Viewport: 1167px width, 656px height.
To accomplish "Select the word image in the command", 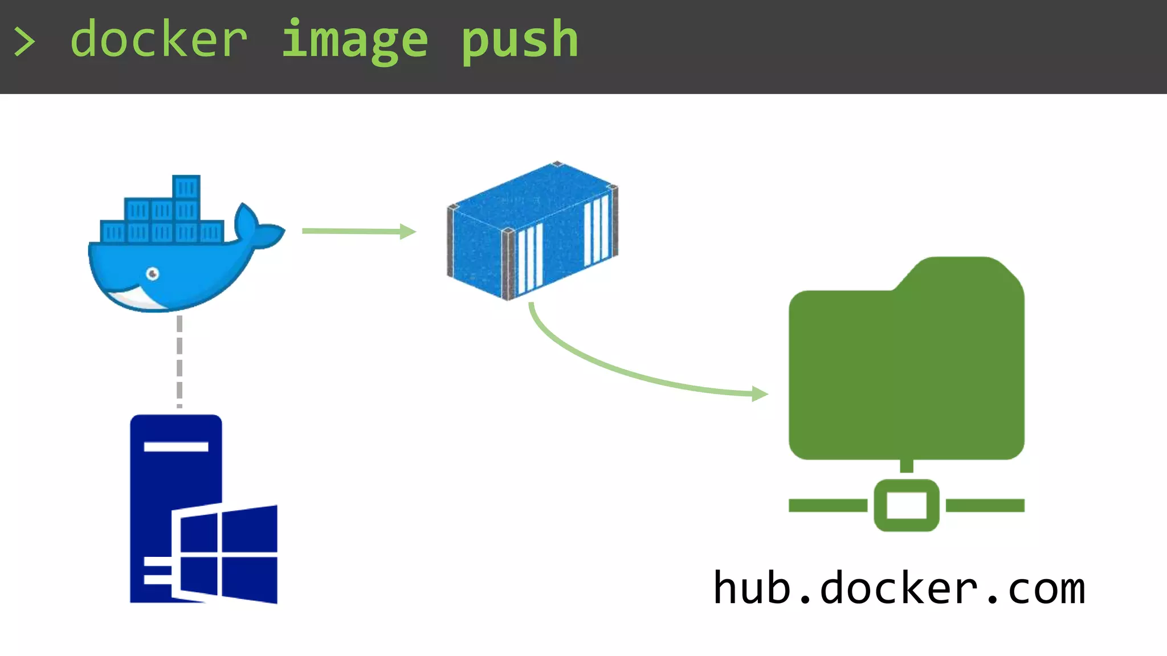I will [x=354, y=40].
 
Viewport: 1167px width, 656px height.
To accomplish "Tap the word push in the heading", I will [x=520, y=40].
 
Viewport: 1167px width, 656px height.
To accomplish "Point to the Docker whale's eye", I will [x=153, y=274].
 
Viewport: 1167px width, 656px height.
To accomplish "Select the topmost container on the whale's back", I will [x=186, y=187].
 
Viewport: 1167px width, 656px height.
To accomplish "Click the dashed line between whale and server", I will [x=179, y=361].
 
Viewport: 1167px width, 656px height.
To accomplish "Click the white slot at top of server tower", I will [x=176, y=446].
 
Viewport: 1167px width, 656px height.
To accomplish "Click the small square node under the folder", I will [x=906, y=505].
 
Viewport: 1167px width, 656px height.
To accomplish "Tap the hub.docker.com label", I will [x=899, y=588].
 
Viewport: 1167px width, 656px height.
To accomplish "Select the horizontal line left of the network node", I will [x=827, y=505].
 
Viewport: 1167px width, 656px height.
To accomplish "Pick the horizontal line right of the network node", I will [x=985, y=505].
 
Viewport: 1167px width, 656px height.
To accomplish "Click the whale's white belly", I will [x=134, y=298].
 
